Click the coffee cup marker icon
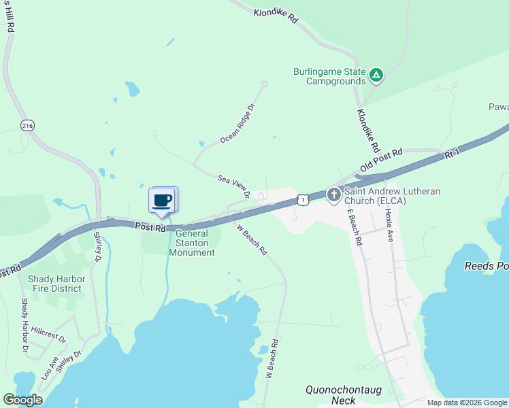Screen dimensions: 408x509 [162, 200]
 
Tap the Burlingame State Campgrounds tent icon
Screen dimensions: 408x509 [376, 75]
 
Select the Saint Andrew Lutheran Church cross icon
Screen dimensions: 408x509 [333, 195]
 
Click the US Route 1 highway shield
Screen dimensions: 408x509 [303, 199]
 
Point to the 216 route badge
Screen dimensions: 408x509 [27, 126]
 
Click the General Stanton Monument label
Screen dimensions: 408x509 [196, 242]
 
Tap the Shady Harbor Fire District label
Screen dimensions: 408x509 [54, 284]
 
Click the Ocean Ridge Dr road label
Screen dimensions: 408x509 [237, 124]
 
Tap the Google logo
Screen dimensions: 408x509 [22, 400]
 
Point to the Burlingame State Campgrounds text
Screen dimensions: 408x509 [329, 76]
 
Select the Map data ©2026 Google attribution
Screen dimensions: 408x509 [467, 403]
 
